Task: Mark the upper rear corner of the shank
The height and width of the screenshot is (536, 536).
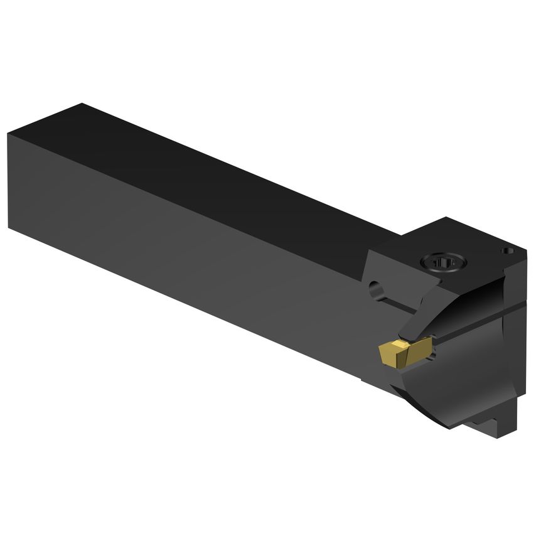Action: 8,134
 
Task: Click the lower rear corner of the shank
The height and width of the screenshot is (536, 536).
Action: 11,227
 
